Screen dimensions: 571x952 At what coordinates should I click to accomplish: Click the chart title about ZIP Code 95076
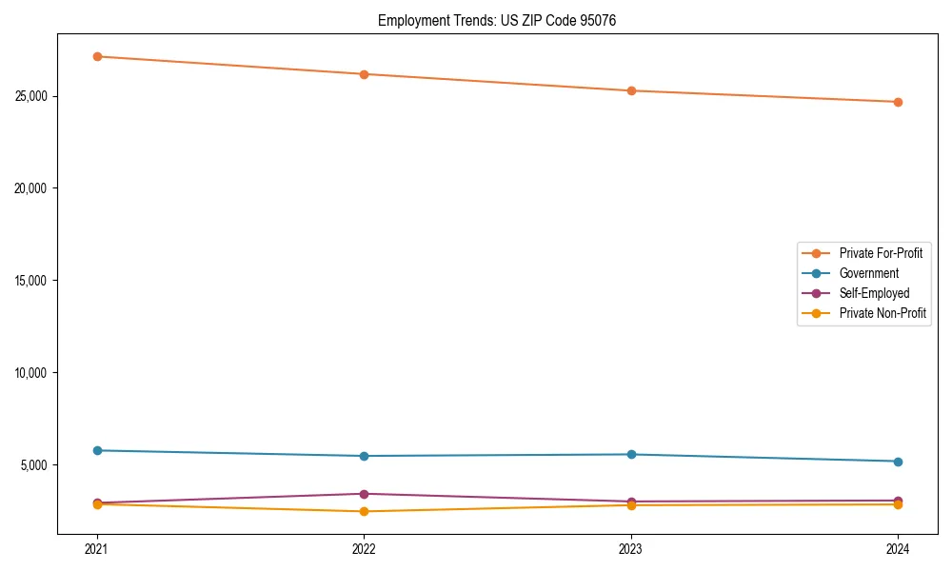pos(497,20)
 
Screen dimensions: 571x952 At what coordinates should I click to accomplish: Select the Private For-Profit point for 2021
pos(97,56)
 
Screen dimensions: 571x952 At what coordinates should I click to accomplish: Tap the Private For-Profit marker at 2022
pos(364,74)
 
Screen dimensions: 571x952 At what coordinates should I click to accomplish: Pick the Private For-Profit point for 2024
pos(898,102)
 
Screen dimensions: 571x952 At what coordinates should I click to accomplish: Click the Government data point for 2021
pos(97,450)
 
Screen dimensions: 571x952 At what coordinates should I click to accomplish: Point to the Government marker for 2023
pos(631,454)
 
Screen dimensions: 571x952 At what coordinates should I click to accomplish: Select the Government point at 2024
pos(898,462)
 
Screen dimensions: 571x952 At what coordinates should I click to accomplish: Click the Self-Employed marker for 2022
pos(364,494)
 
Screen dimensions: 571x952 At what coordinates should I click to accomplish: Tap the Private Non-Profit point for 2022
pos(364,511)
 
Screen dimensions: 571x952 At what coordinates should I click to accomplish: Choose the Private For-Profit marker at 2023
pos(631,90)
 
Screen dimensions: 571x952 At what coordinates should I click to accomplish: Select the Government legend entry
pos(868,273)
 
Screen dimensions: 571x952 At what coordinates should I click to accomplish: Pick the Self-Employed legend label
pos(874,293)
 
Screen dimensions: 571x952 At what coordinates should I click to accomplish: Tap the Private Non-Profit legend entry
pos(883,313)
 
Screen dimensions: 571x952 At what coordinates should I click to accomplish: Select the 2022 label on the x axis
pos(364,549)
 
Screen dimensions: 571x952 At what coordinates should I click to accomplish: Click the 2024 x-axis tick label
pos(898,549)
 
